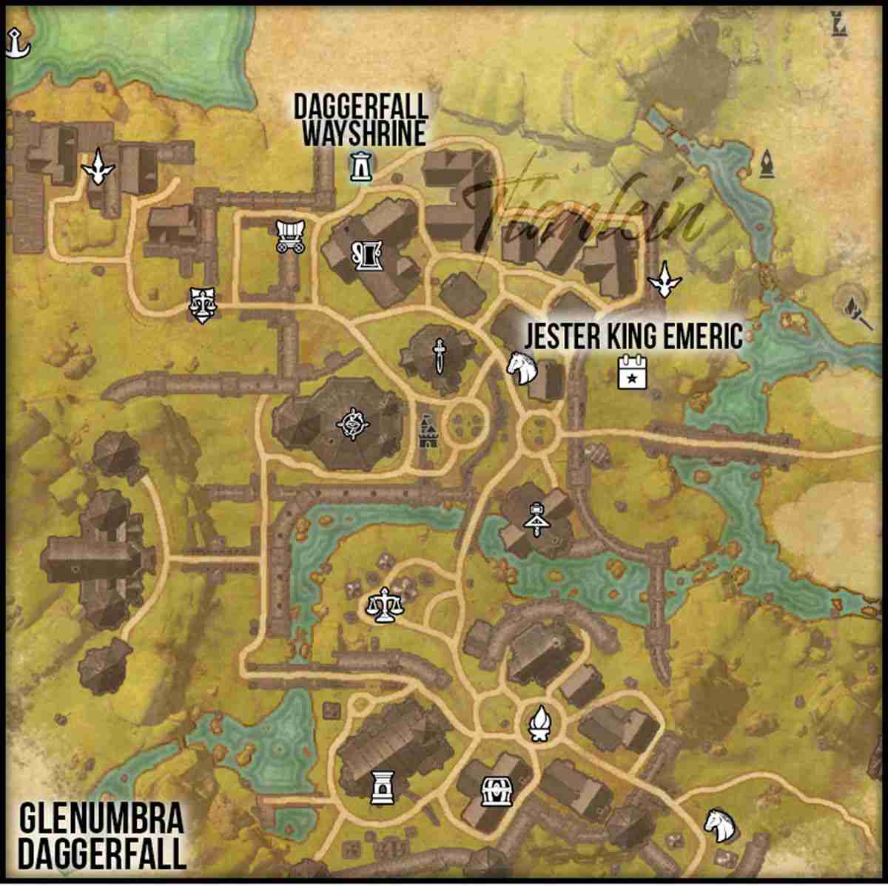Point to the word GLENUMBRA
[101, 820]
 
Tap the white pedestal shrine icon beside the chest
[382, 787]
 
